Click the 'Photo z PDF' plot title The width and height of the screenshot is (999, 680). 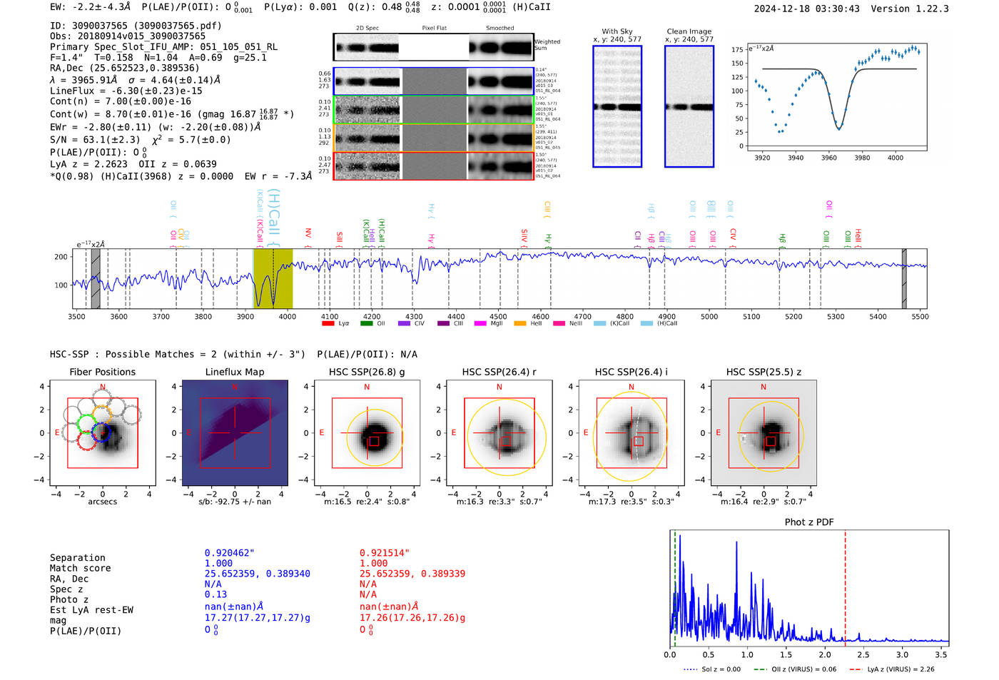[x=809, y=522]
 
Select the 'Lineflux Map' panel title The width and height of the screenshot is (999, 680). [x=235, y=372]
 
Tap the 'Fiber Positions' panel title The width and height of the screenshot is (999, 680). [x=102, y=372]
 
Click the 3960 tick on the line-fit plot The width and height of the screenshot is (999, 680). [x=828, y=158]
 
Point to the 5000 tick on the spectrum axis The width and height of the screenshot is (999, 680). [x=709, y=317]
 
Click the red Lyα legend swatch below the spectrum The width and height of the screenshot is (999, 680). [x=328, y=323]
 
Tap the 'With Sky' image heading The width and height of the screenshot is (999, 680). [x=617, y=31]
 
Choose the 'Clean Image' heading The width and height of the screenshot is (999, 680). [x=689, y=31]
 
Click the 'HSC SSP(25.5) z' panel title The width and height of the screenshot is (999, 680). [x=764, y=372]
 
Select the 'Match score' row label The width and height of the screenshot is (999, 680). [x=80, y=568]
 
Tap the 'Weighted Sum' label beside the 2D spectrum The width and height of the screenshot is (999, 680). [x=547, y=45]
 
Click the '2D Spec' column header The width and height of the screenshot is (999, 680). [x=367, y=29]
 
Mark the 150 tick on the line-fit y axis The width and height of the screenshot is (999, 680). [x=737, y=63]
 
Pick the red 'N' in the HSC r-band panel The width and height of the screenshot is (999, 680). [x=499, y=387]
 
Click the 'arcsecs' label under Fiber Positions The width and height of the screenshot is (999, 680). [x=102, y=502]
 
